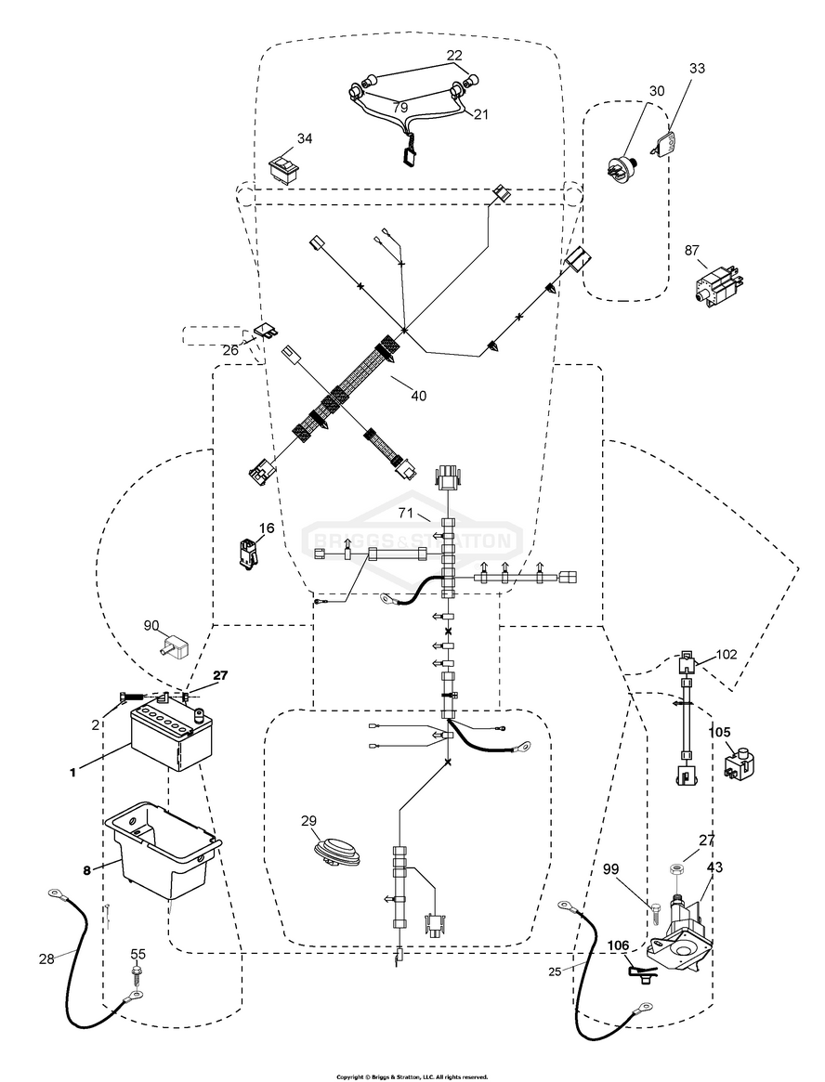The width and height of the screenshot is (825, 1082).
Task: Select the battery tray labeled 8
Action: [163, 850]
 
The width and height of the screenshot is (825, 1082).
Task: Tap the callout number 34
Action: [305, 138]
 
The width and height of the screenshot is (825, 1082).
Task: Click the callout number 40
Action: [418, 396]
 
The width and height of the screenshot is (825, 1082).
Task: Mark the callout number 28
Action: [46, 959]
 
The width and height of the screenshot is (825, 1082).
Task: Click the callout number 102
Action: [727, 654]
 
